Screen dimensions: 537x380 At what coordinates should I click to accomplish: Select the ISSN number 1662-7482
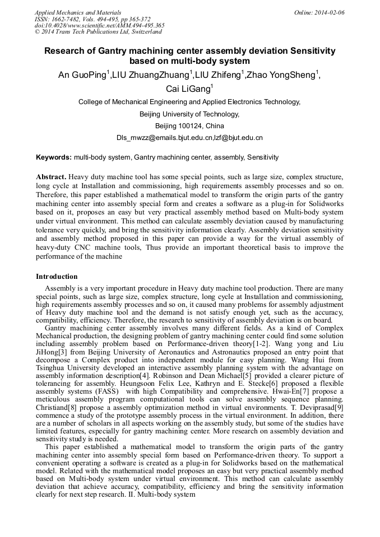click(x=67, y=19)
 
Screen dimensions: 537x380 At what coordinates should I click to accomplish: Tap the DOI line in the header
click(x=99, y=25)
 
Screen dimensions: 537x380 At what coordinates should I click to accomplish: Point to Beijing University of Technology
click(x=189, y=114)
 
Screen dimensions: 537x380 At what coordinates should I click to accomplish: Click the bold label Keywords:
click(x=54, y=158)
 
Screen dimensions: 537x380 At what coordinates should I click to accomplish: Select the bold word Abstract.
click(x=52, y=176)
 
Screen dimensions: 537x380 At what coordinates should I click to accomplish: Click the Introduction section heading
click(x=57, y=277)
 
